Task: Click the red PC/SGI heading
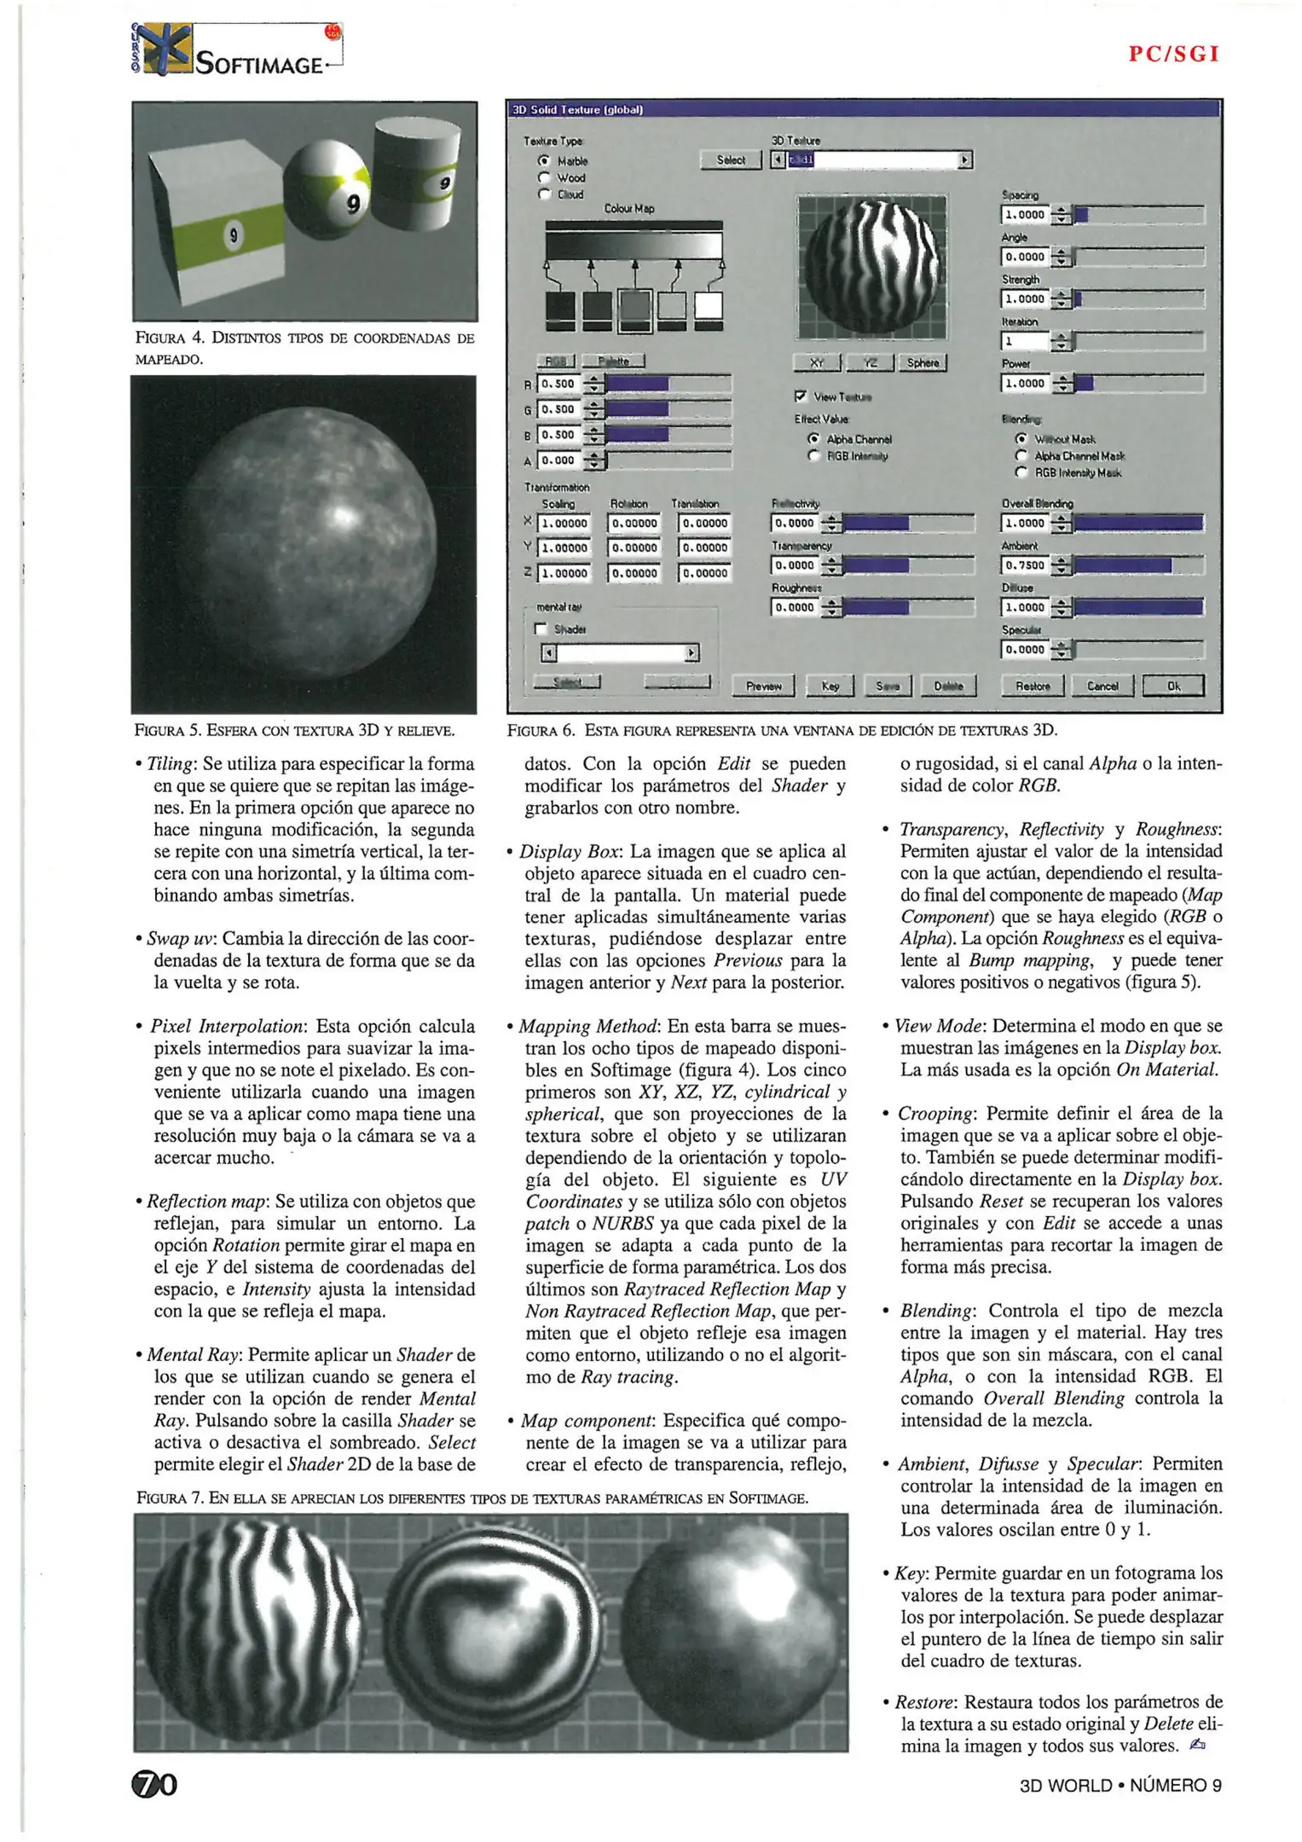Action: click(1174, 55)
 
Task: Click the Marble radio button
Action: click(543, 160)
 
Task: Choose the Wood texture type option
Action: click(543, 177)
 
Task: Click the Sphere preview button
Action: click(923, 363)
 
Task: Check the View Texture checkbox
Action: click(800, 397)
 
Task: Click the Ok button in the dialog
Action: click(1173, 686)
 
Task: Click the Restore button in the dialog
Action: click(1033, 686)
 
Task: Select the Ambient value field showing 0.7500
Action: click(1025, 565)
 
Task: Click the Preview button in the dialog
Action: click(763, 686)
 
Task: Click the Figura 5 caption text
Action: click(294, 730)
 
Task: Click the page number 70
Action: click(154, 1784)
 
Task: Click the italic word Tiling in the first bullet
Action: click(171, 764)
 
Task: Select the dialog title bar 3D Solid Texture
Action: click(863, 109)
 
